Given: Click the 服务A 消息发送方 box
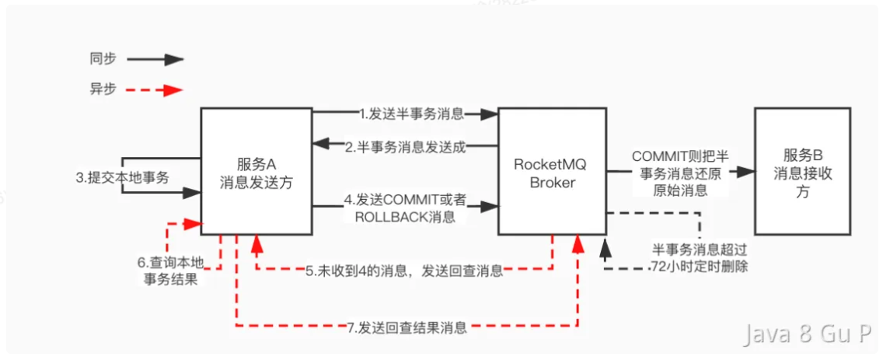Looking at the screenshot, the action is (257, 171).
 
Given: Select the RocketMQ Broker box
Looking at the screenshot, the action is (552, 171).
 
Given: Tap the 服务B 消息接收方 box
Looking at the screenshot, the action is (802, 171).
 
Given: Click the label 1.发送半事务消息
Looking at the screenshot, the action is (412, 114).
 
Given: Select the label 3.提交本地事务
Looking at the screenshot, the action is (122, 177).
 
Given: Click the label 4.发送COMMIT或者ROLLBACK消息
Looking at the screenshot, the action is (406, 210).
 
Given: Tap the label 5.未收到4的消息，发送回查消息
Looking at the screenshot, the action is (403, 271).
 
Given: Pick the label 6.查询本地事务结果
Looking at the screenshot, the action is (171, 271).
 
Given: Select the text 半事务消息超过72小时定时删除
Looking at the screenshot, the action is (700, 257).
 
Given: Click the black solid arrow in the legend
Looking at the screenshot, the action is (155, 59).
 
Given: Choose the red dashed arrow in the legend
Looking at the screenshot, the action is (155, 89).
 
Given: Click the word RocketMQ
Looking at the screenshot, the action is (552, 164).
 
